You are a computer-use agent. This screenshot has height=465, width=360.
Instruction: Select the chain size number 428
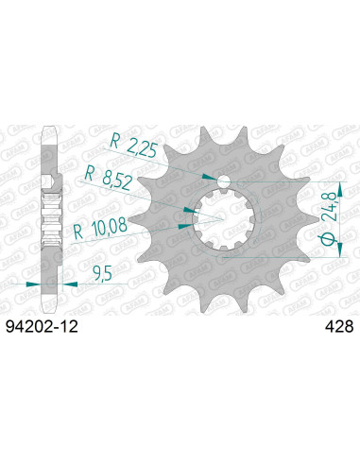[336, 326]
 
